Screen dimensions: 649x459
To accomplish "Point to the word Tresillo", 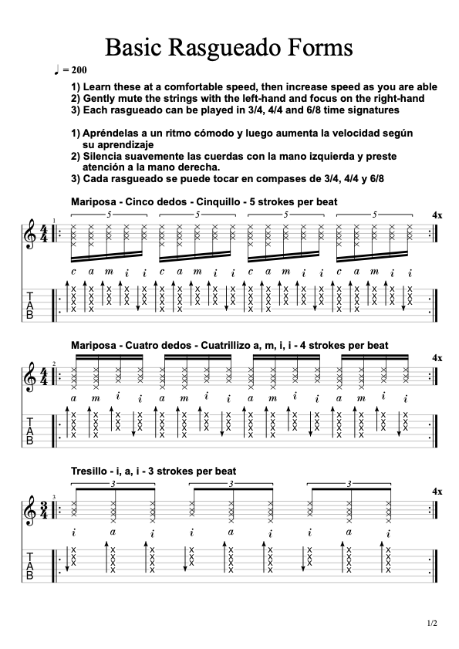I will tap(89, 470).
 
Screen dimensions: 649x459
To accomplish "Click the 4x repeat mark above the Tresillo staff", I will tap(437, 491).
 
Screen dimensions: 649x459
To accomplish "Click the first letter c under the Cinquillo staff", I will tap(73, 271).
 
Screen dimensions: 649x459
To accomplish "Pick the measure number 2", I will tap(54, 363).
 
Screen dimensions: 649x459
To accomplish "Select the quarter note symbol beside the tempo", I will tap(57, 69).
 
